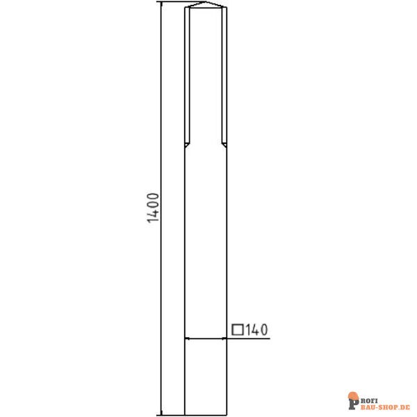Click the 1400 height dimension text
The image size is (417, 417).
(154, 208)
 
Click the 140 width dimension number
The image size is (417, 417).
(256, 330)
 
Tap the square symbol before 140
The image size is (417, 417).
(238, 329)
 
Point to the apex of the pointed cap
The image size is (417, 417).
(205, 2)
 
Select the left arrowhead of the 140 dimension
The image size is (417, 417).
(188, 338)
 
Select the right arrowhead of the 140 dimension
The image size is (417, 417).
(224, 338)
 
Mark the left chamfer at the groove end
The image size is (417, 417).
(187, 145)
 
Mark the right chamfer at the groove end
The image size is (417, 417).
(224, 145)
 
